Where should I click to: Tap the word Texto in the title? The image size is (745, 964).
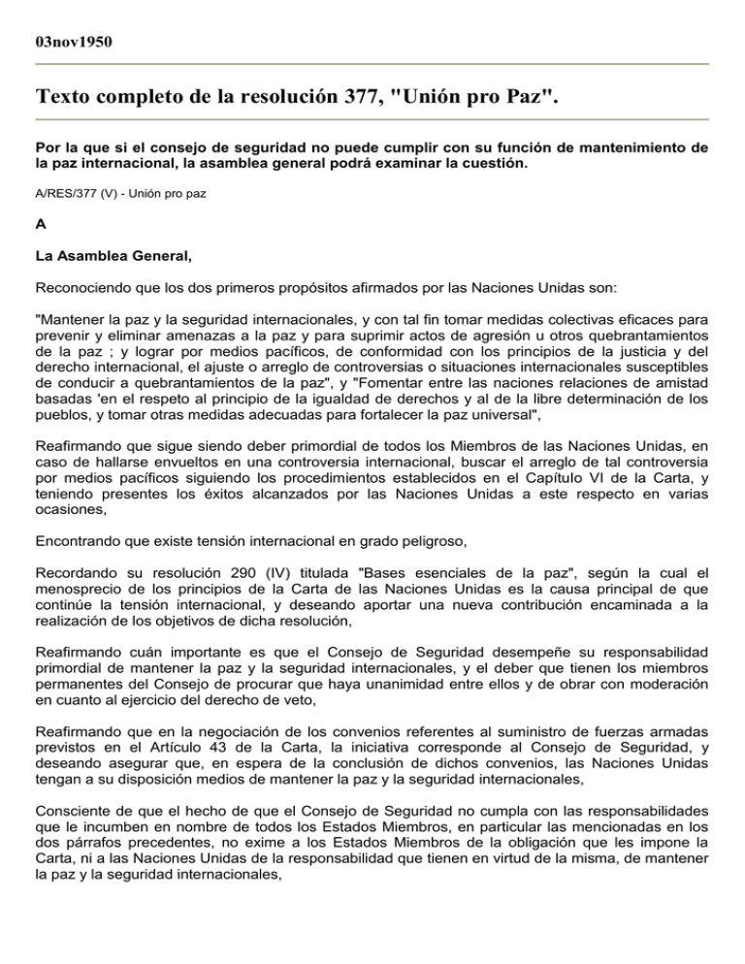(x=68, y=98)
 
